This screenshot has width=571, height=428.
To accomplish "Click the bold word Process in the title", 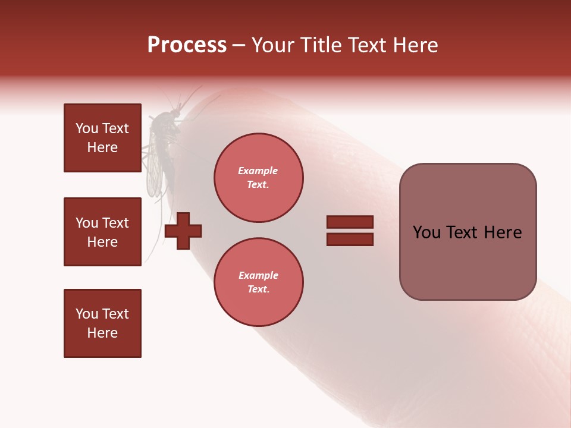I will tap(187, 45).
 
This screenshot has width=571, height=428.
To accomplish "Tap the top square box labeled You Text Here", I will tap(102, 138).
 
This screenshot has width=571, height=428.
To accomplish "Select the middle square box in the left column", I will tap(102, 232).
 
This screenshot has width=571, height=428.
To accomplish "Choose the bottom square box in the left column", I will tap(102, 323).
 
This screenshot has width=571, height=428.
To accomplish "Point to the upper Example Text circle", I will tap(258, 178).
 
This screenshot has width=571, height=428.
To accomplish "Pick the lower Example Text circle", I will tap(258, 282).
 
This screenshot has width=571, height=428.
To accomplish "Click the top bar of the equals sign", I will tap(350, 222).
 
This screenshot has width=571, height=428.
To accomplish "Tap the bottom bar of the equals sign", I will tap(350, 240).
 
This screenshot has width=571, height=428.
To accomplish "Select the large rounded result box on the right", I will tap(468, 232).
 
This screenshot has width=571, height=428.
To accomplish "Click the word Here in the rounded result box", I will tap(502, 232).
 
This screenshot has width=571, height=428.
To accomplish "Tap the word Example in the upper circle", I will tap(258, 171).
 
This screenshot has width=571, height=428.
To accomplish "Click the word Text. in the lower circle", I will tap(258, 289).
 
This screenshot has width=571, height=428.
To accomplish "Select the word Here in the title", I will tap(415, 45).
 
